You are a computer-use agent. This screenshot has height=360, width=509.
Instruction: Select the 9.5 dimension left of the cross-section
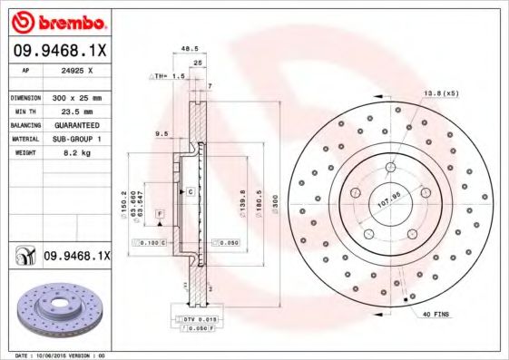[x=162, y=133]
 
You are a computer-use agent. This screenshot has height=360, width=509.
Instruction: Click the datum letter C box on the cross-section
[x=191, y=192]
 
